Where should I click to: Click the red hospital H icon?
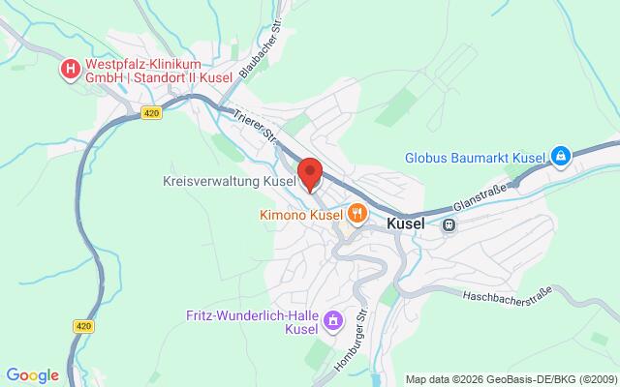click(x=70, y=69)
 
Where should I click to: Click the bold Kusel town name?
click(x=406, y=223)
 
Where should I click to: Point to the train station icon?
click(x=449, y=223)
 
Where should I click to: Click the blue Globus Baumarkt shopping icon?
click(x=560, y=155)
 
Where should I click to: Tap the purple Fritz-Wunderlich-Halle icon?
click(x=333, y=319)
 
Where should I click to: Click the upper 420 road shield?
click(x=150, y=113)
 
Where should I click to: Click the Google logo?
click(x=32, y=375)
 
